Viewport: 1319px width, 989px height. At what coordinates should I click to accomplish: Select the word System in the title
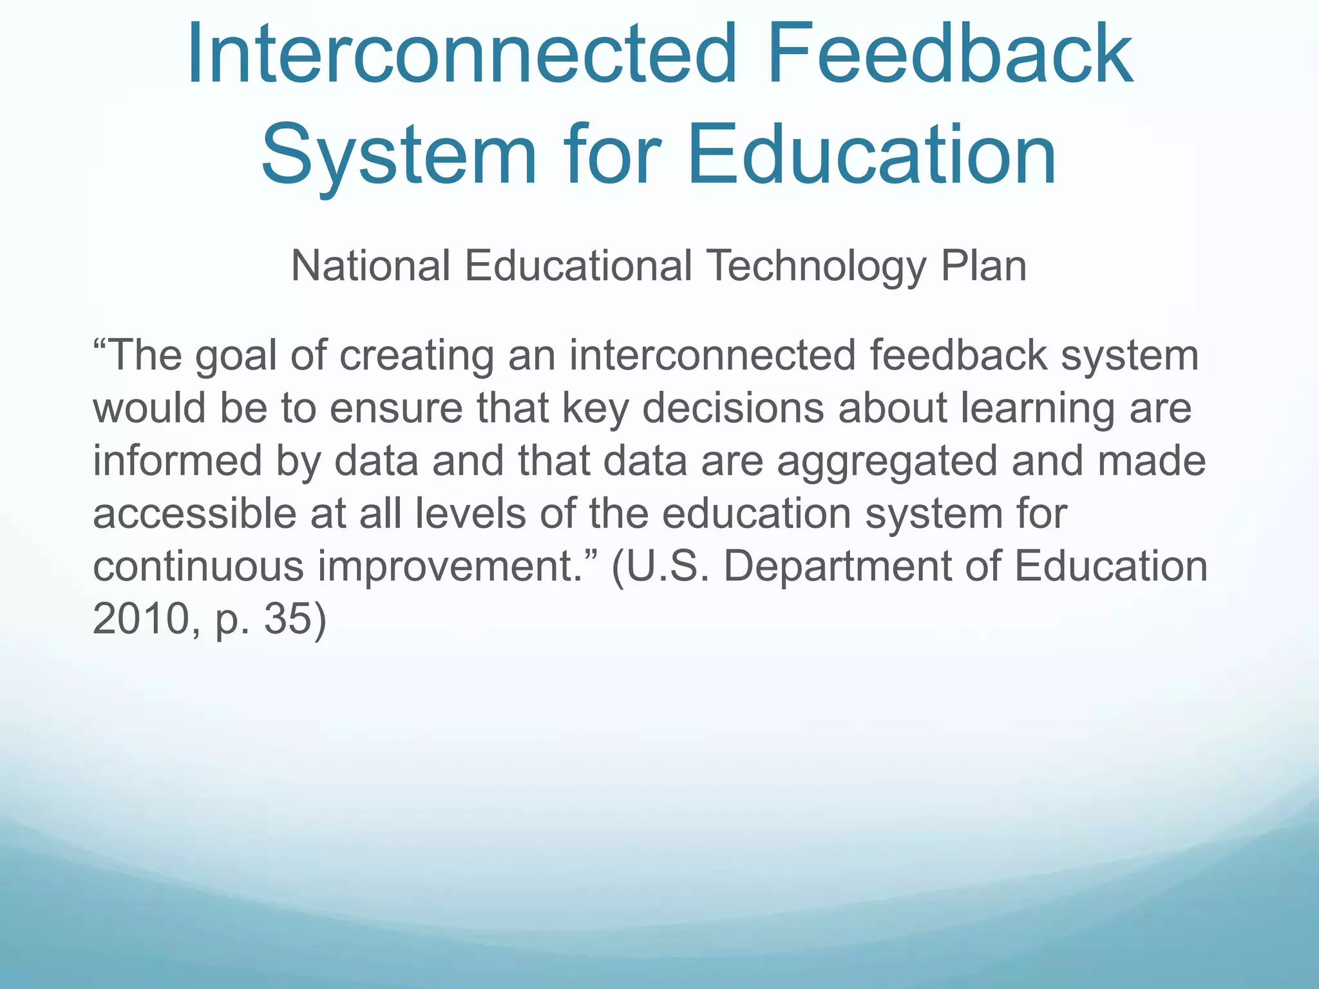(399, 156)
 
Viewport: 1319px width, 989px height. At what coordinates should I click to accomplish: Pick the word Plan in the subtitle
(983, 266)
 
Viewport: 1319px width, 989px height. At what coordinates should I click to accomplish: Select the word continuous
(198, 567)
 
